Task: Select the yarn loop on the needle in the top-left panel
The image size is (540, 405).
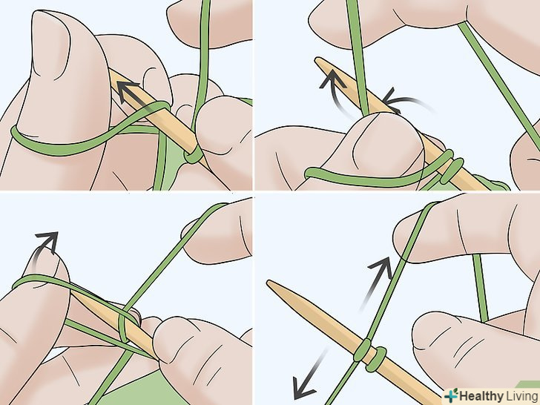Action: click(x=194, y=154)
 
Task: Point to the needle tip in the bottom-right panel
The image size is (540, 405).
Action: click(x=268, y=282)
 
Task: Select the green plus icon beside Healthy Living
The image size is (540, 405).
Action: click(x=451, y=395)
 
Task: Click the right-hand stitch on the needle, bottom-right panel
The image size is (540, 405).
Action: click(x=377, y=359)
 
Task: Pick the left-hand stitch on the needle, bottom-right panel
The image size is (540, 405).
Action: click(x=362, y=351)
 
